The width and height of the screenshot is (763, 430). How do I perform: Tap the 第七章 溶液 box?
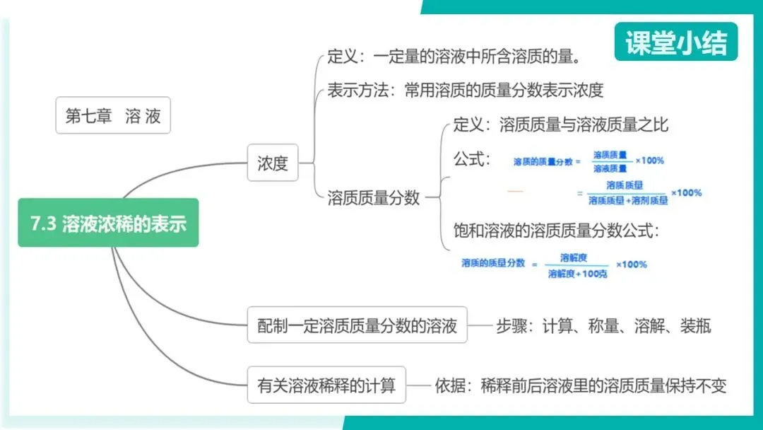tap(113, 115)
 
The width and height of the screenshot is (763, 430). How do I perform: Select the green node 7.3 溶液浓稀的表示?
tap(108, 223)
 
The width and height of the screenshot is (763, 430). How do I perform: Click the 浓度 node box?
tap(273, 163)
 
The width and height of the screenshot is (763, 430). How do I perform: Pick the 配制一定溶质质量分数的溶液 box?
tap(357, 325)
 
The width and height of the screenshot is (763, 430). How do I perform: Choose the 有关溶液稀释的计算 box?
tap(326, 385)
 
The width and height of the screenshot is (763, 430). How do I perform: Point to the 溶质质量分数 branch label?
tap(374, 198)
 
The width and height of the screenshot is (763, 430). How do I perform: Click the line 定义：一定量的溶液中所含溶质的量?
tap(459, 56)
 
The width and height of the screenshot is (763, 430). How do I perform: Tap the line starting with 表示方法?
tap(465, 91)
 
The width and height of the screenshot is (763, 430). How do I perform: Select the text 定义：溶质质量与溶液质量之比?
tap(560, 125)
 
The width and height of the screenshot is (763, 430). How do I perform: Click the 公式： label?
tap(471, 159)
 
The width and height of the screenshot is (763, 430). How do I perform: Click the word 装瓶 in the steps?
tap(695, 326)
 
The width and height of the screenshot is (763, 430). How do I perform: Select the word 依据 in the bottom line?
tap(449, 386)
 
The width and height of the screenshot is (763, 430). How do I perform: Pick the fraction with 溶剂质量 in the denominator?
tap(627, 193)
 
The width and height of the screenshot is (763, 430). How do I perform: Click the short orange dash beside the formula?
tap(516, 191)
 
